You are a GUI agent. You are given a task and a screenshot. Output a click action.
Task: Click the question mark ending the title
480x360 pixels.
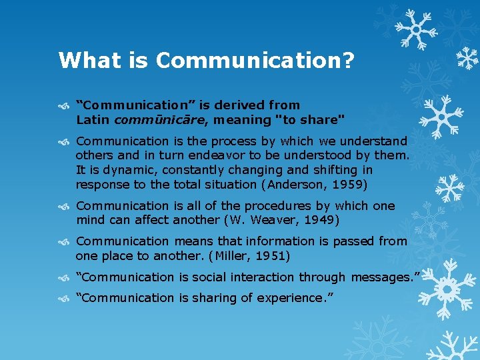347,61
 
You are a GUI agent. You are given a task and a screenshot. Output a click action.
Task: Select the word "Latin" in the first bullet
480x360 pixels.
93,120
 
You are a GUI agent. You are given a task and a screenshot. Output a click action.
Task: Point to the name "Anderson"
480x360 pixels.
300,184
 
